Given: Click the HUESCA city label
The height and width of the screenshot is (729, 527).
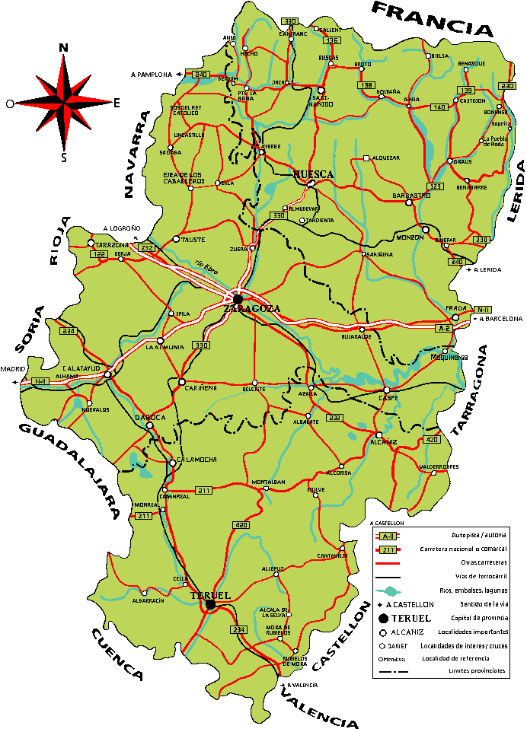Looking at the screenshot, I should pyautogui.click(x=313, y=175).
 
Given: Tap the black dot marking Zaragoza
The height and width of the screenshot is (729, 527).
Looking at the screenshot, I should pyautogui.click(x=238, y=298).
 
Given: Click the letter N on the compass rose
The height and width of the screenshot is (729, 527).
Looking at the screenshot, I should pyautogui.click(x=63, y=48).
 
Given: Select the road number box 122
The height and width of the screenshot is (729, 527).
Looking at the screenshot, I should pyautogui.click(x=98, y=254).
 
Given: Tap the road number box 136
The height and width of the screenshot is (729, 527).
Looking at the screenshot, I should pyautogui.click(x=331, y=40).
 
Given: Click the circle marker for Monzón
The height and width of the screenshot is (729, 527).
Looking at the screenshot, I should pyautogui.click(x=426, y=228).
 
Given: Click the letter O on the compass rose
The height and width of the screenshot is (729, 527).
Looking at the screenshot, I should pyautogui.click(x=9, y=103).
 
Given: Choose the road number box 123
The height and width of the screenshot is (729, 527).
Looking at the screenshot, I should pyautogui.click(x=436, y=186).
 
